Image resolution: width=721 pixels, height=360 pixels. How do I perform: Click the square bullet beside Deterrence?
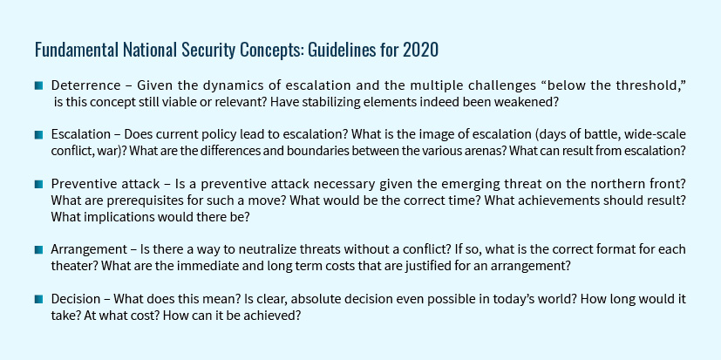(38, 85)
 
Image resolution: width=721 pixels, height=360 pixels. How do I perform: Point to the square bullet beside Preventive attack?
(38, 185)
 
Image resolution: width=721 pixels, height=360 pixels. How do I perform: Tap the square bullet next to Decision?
(38, 300)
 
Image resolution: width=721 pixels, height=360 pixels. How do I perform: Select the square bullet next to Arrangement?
(38, 250)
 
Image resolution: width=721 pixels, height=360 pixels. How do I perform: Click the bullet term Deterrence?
(86, 85)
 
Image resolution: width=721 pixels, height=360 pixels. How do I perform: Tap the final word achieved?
(278, 316)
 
